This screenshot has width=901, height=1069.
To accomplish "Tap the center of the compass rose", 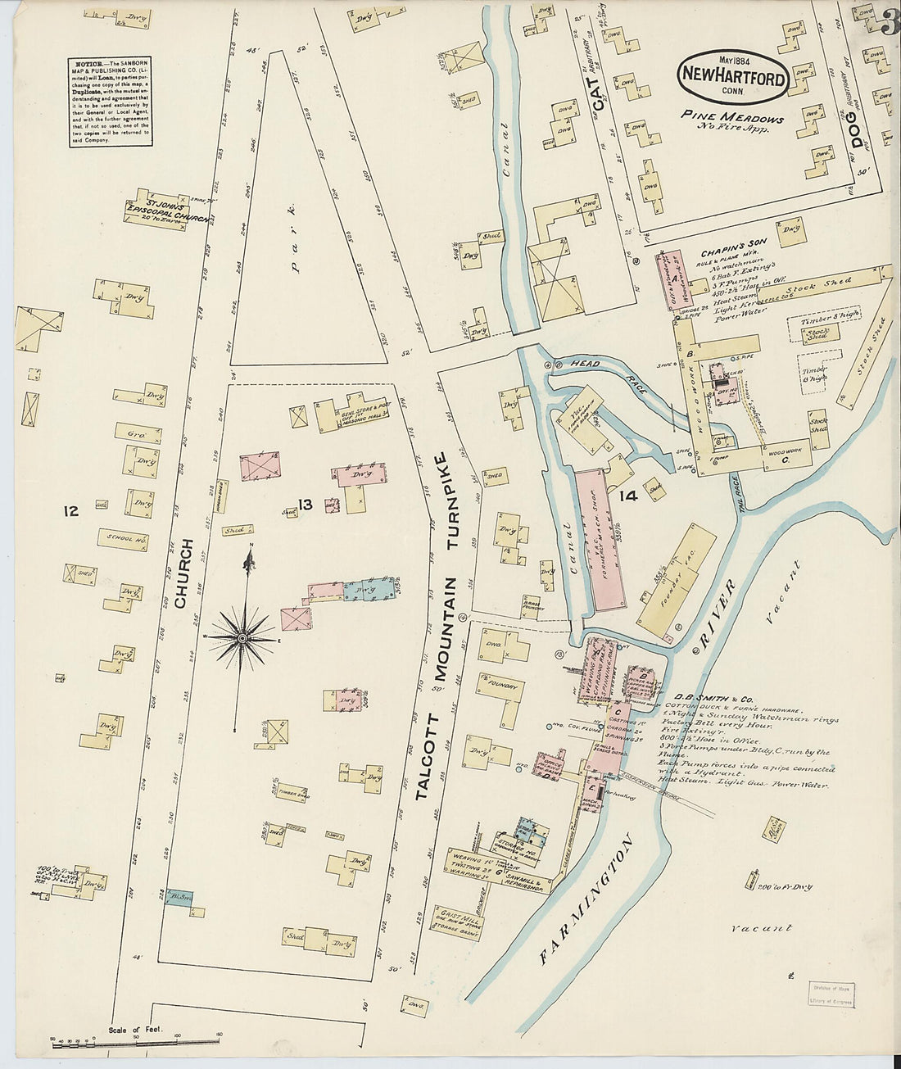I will [243, 636].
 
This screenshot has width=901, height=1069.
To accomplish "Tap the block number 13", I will [306, 505].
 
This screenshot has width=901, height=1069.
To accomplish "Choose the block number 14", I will [628, 495].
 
